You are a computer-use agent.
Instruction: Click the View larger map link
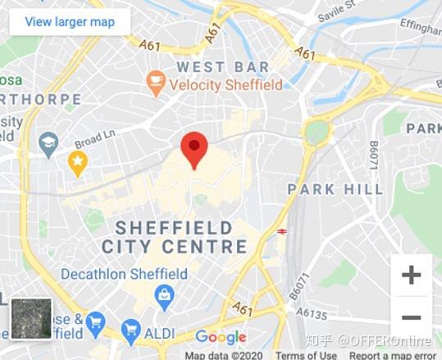70,21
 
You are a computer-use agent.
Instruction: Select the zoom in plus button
411,275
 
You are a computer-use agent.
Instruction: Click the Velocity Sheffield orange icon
155,81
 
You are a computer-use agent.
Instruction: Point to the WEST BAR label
223,66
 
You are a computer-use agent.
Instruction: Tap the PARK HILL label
335,189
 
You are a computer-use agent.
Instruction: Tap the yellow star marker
78,163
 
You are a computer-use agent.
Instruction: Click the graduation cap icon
48,144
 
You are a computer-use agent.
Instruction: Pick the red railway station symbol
281,231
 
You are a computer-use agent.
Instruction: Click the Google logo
221,337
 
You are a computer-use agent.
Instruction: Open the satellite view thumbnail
31,319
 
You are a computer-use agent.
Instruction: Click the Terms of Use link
306,355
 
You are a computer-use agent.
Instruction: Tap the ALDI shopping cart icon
130,331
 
